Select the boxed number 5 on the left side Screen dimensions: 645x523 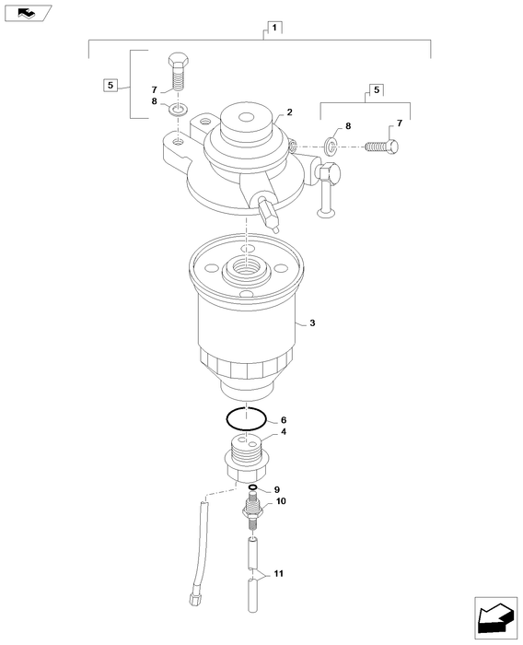pos(110,85)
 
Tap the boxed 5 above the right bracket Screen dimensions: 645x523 pos(375,89)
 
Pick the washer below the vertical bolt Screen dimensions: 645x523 pos(180,110)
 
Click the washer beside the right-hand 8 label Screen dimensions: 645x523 pos(331,146)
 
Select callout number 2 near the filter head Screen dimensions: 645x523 pos(290,111)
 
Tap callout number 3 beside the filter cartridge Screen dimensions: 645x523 pos(312,323)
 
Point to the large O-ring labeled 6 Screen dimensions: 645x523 pos(247,417)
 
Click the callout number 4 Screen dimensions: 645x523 pos(284,431)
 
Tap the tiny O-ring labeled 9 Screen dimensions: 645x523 pos(251,488)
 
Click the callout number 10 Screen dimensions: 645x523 pos(281,502)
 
